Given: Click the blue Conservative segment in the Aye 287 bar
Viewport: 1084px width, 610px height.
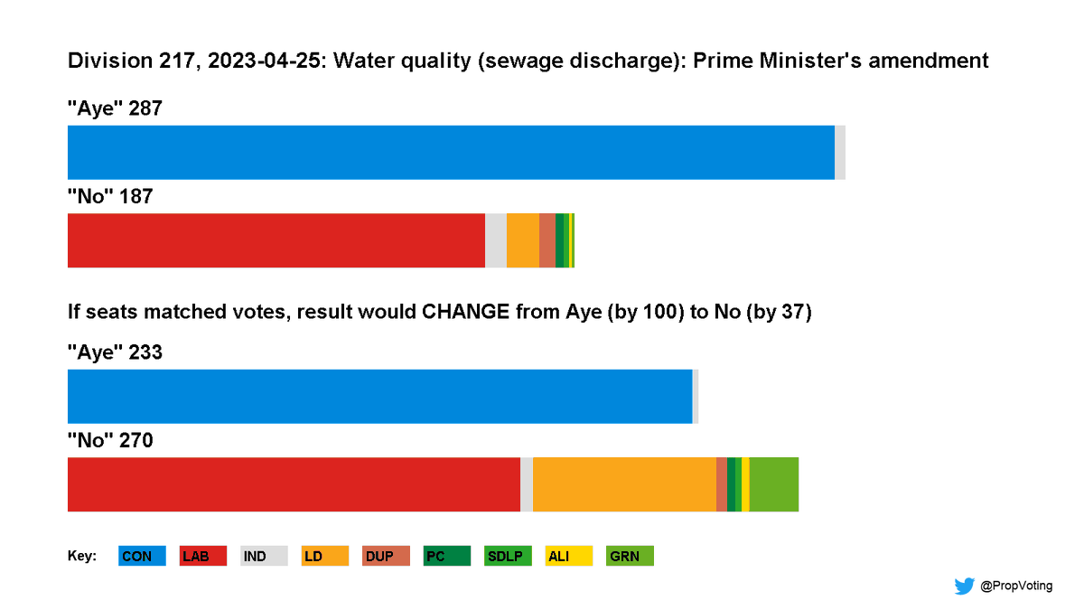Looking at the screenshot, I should pyautogui.click(x=451, y=153).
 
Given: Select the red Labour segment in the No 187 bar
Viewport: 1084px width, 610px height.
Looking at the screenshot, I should pyautogui.click(x=276, y=240).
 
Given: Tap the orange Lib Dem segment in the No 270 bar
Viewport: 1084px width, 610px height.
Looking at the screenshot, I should pyautogui.click(x=624, y=484).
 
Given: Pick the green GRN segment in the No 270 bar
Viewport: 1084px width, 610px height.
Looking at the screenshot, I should pyautogui.click(x=774, y=484).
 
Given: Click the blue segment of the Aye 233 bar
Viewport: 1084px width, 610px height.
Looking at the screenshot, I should pyautogui.click(x=379, y=397).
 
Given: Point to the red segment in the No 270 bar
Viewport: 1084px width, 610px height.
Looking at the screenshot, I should pyautogui.click(x=294, y=484).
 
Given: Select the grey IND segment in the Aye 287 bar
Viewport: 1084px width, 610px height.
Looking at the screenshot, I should pyautogui.click(x=840, y=153).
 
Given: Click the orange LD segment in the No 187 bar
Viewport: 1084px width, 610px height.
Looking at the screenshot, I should pyautogui.click(x=523, y=240).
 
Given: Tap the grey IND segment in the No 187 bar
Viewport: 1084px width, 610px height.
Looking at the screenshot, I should pyautogui.click(x=496, y=240).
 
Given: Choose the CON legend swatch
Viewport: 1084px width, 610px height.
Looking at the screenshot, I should pyautogui.click(x=142, y=557).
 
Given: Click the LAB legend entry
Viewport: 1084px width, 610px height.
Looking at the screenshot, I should pyautogui.click(x=203, y=557).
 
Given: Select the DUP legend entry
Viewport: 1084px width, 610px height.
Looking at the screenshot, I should pyautogui.click(x=387, y=557).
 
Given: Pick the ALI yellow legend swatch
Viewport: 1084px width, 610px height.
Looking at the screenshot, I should pyautogui.click(x=569, y=557).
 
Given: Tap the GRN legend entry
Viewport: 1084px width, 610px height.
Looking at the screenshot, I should pyautogui.click(x=630, y=557).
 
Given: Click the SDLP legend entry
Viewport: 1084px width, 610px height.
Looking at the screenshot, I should pyautogui.click(x=508, y=557).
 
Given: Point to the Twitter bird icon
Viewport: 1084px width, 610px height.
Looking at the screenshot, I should pyautogui.click(x=964, y=586).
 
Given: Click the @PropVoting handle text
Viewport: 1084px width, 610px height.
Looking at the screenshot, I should pyautogui.click(x=1016, y=586).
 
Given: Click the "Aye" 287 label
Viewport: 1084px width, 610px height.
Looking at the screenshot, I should pyautogui.click(x=115, y=109).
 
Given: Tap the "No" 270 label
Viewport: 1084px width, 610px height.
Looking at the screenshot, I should pyautogui.click(x=110, y=441).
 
